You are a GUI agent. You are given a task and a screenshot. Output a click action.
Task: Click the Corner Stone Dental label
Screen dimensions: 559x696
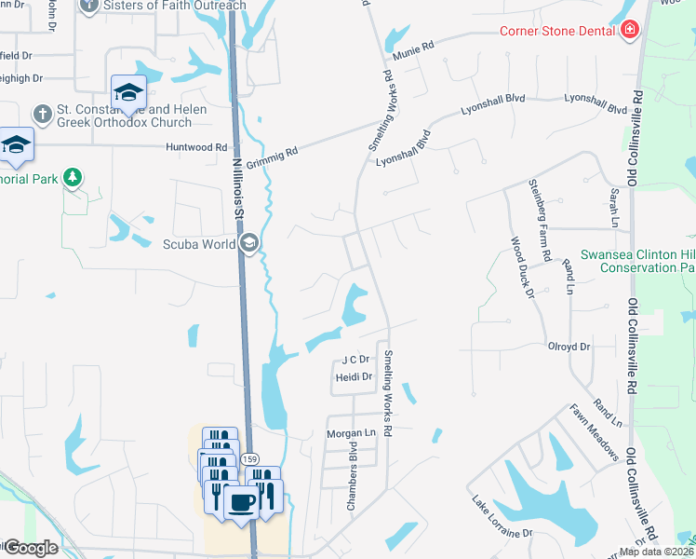[558, 31]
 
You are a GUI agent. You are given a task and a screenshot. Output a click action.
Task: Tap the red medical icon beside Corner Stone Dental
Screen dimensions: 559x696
[630, 31]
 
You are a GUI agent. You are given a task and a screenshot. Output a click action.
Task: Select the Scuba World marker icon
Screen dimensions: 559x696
[248, 244]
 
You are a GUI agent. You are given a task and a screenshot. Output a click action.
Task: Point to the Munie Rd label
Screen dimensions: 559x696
[414, 51]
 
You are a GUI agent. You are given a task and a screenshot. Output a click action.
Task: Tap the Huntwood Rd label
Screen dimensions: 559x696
[195, 147]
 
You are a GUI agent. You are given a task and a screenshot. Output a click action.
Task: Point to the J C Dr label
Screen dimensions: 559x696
[356, 359]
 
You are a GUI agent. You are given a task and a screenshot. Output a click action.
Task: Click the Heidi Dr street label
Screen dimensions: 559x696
[354, 377]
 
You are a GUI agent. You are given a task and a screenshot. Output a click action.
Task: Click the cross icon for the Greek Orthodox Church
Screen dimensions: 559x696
[42, 114]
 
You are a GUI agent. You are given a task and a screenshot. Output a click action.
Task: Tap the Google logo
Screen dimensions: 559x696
[30, 548]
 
